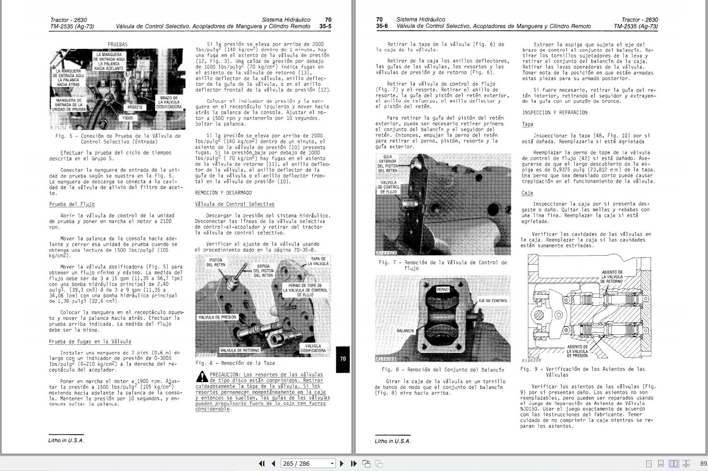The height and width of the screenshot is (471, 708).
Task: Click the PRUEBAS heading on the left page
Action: point(117,44)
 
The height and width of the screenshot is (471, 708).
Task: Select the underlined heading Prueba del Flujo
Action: point(72,204)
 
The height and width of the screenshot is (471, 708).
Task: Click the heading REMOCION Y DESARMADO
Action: point(223,193)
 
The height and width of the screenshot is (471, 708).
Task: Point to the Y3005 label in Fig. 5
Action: point(128,118)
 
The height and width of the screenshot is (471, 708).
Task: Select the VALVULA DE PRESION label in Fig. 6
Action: point(217,317)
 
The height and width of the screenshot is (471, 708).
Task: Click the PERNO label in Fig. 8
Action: point(443,290)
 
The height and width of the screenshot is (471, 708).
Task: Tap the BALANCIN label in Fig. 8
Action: point(405,331)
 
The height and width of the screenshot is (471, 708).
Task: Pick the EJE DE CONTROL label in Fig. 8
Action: point(492,301)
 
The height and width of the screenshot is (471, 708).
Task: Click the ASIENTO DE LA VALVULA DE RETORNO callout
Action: point(612,277)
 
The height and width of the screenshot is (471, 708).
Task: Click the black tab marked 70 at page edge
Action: point(343,359)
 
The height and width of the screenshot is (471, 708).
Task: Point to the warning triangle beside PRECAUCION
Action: point(202,377)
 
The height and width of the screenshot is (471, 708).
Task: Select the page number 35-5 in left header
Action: point(325,26)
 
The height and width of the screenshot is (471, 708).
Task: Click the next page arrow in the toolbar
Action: point(342,463)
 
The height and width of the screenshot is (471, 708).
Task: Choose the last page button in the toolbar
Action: point(354,463)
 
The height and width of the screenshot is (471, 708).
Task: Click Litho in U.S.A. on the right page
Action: point(392,441)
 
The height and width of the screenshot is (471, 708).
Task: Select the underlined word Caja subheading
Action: point(527,193)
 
